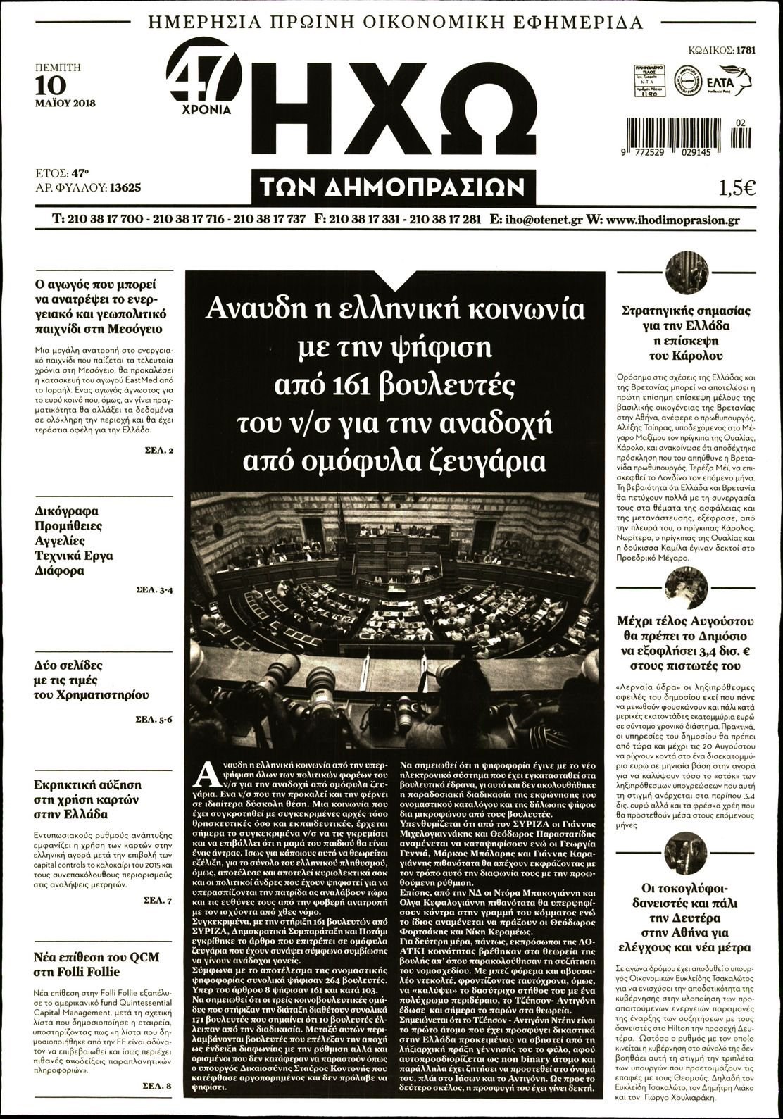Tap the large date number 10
point(51,85)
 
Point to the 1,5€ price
point(737,188)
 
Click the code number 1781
point(746,50)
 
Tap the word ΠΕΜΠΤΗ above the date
point(58,68)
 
